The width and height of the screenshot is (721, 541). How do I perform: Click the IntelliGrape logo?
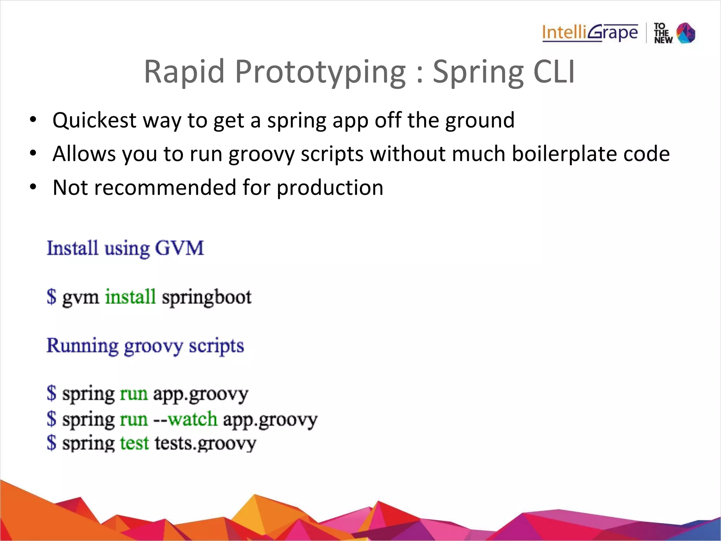590,33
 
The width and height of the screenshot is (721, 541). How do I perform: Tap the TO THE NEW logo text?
663,33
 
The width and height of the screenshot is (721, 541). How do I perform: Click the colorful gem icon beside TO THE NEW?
686,33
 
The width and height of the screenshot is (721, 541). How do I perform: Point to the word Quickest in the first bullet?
94,120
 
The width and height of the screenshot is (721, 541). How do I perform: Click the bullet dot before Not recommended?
33,187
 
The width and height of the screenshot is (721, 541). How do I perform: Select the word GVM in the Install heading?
179,248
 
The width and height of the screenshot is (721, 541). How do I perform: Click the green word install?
130,296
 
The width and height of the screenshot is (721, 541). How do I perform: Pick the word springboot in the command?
207,297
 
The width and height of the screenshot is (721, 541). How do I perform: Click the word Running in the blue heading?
82,346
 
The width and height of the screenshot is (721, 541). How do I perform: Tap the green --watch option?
186,419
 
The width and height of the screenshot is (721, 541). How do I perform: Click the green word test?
134,443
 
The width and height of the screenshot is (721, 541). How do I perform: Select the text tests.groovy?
205,443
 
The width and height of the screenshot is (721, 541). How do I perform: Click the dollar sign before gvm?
51,296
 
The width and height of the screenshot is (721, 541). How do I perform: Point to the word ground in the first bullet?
480,120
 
